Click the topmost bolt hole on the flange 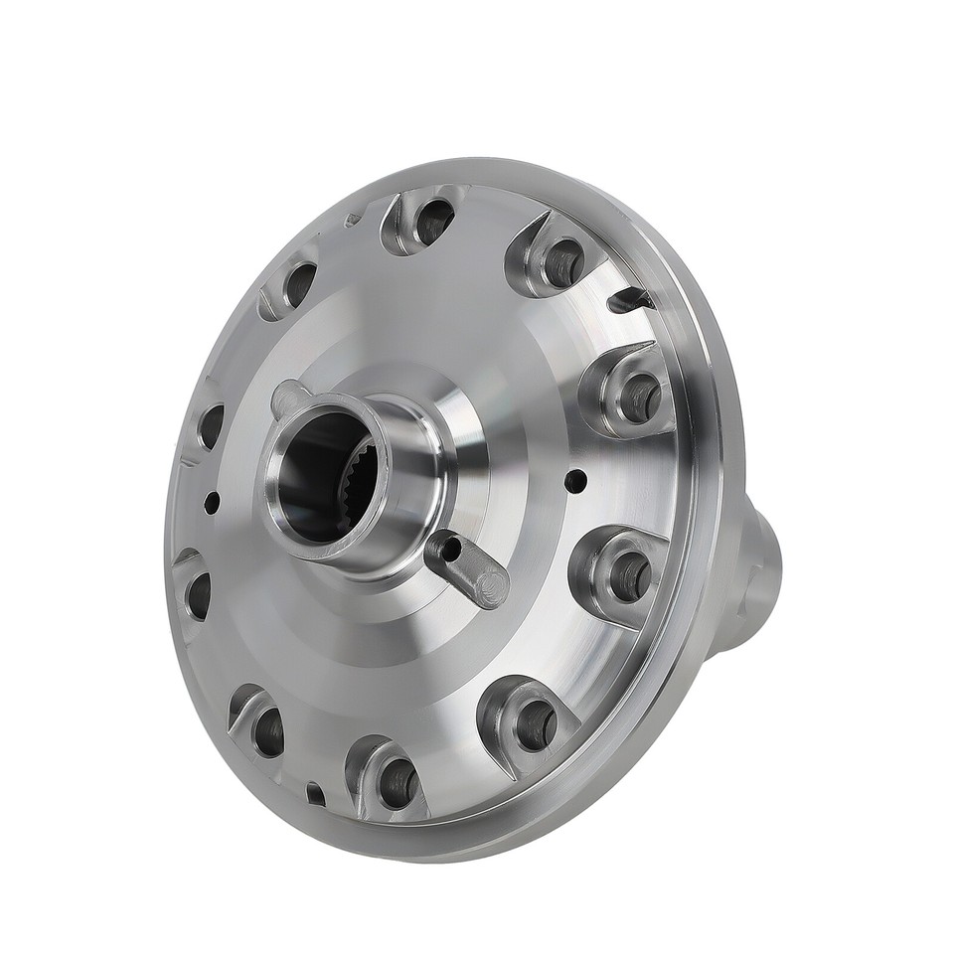click(433, 221)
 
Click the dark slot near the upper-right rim click(632, 296)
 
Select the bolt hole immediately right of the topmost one click(560, 260)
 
